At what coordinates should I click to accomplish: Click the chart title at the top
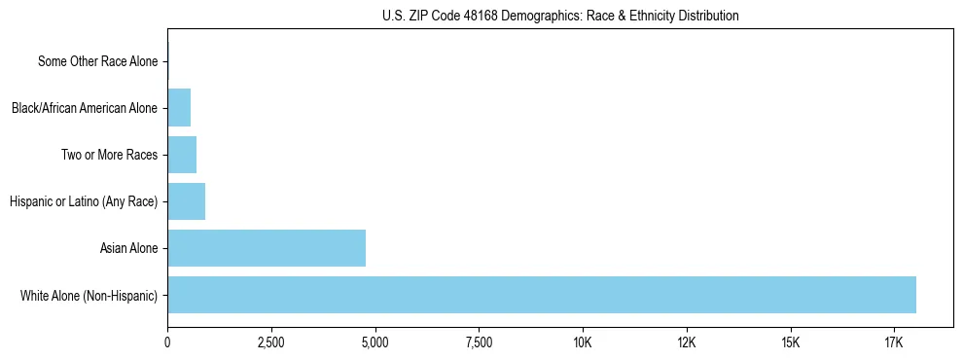point(560,16)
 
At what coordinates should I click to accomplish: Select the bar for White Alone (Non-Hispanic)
point(542,295)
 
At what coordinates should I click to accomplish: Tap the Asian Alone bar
point(267,248)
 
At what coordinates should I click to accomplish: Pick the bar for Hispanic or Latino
point(186,201)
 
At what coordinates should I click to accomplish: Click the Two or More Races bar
point(182,155)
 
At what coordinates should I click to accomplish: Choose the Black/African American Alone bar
point(179,108)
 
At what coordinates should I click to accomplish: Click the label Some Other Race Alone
point(97,61)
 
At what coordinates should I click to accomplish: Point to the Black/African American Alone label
point(84,108)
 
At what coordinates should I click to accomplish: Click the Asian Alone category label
point(128,248)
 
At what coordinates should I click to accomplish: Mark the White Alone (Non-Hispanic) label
point(89,295)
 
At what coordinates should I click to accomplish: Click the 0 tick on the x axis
point(167,343)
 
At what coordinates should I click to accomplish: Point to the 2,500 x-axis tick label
point(271,343)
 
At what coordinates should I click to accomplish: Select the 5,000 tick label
point(374,343)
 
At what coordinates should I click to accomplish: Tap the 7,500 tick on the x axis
point(479,343)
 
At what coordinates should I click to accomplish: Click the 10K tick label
point(583,343)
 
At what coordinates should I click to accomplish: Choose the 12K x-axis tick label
point(687,343)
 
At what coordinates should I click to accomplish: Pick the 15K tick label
point(790,343)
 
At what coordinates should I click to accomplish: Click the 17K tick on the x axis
point(894,343)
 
